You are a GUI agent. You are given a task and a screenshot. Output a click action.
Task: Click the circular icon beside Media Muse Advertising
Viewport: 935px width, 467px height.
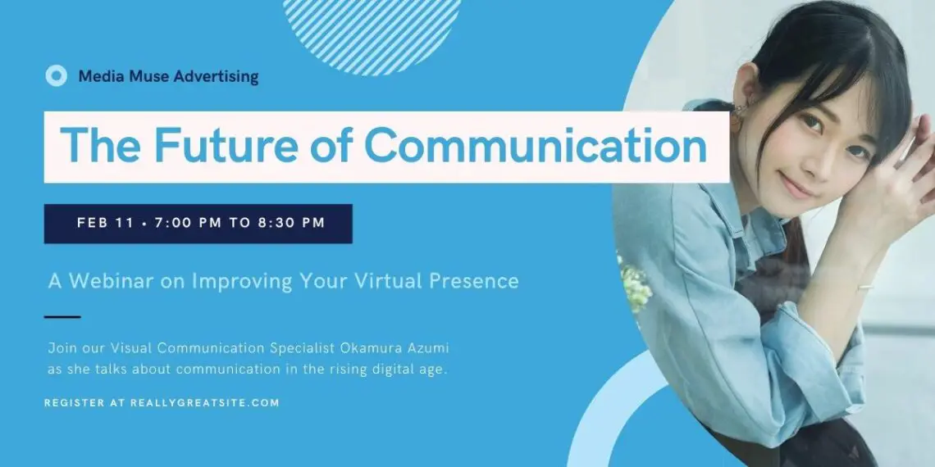coord(56,75)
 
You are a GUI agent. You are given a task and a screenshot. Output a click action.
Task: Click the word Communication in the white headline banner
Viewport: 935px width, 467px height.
coord(536,146)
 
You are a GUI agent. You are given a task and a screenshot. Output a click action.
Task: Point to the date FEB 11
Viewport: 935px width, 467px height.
coord(105,224)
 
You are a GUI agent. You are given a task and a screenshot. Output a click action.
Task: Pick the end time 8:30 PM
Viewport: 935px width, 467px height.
coord(292,224)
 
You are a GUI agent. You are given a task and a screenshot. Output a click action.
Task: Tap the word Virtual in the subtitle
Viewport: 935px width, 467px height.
coord(382,281)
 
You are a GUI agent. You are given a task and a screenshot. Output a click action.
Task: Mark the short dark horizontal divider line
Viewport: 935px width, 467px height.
coord(62,317)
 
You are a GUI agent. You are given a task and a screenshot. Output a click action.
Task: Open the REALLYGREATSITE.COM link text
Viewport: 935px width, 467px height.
coord(204,402)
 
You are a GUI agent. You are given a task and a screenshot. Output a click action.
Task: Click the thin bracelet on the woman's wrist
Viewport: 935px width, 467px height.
coord(863,287)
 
